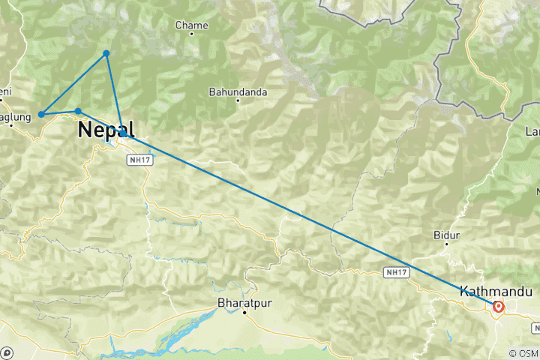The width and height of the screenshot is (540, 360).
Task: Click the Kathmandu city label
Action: coord(485,291)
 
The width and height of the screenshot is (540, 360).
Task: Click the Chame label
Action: coord(190,25)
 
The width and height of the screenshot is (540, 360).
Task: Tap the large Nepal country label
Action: coord(105,130)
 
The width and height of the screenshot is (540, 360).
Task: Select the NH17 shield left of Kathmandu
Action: coord(396,271)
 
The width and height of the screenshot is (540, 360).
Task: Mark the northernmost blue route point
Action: coord(106,53)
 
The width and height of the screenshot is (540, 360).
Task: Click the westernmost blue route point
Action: coord(41,114)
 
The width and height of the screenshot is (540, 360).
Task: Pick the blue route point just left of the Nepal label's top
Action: coord(78,111)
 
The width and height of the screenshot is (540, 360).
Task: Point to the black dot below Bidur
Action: coord(446,244)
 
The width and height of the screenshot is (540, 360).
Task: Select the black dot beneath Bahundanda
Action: coord(238,100)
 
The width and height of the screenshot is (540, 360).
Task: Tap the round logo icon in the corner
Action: coord(7,352)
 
